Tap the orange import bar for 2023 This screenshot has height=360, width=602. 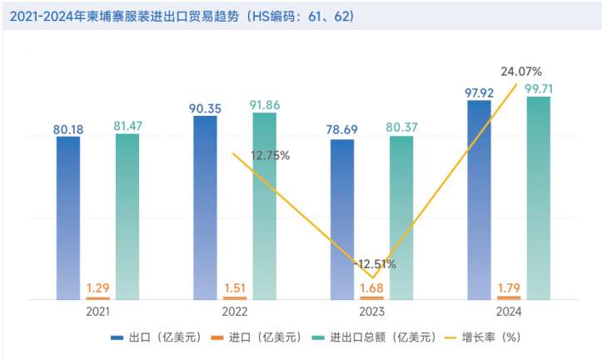(x=371, y=297)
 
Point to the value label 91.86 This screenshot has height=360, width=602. (x=265, y=106)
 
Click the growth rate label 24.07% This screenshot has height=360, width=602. (x=521, y=71)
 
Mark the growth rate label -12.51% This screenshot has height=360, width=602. (x=375, y=264)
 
